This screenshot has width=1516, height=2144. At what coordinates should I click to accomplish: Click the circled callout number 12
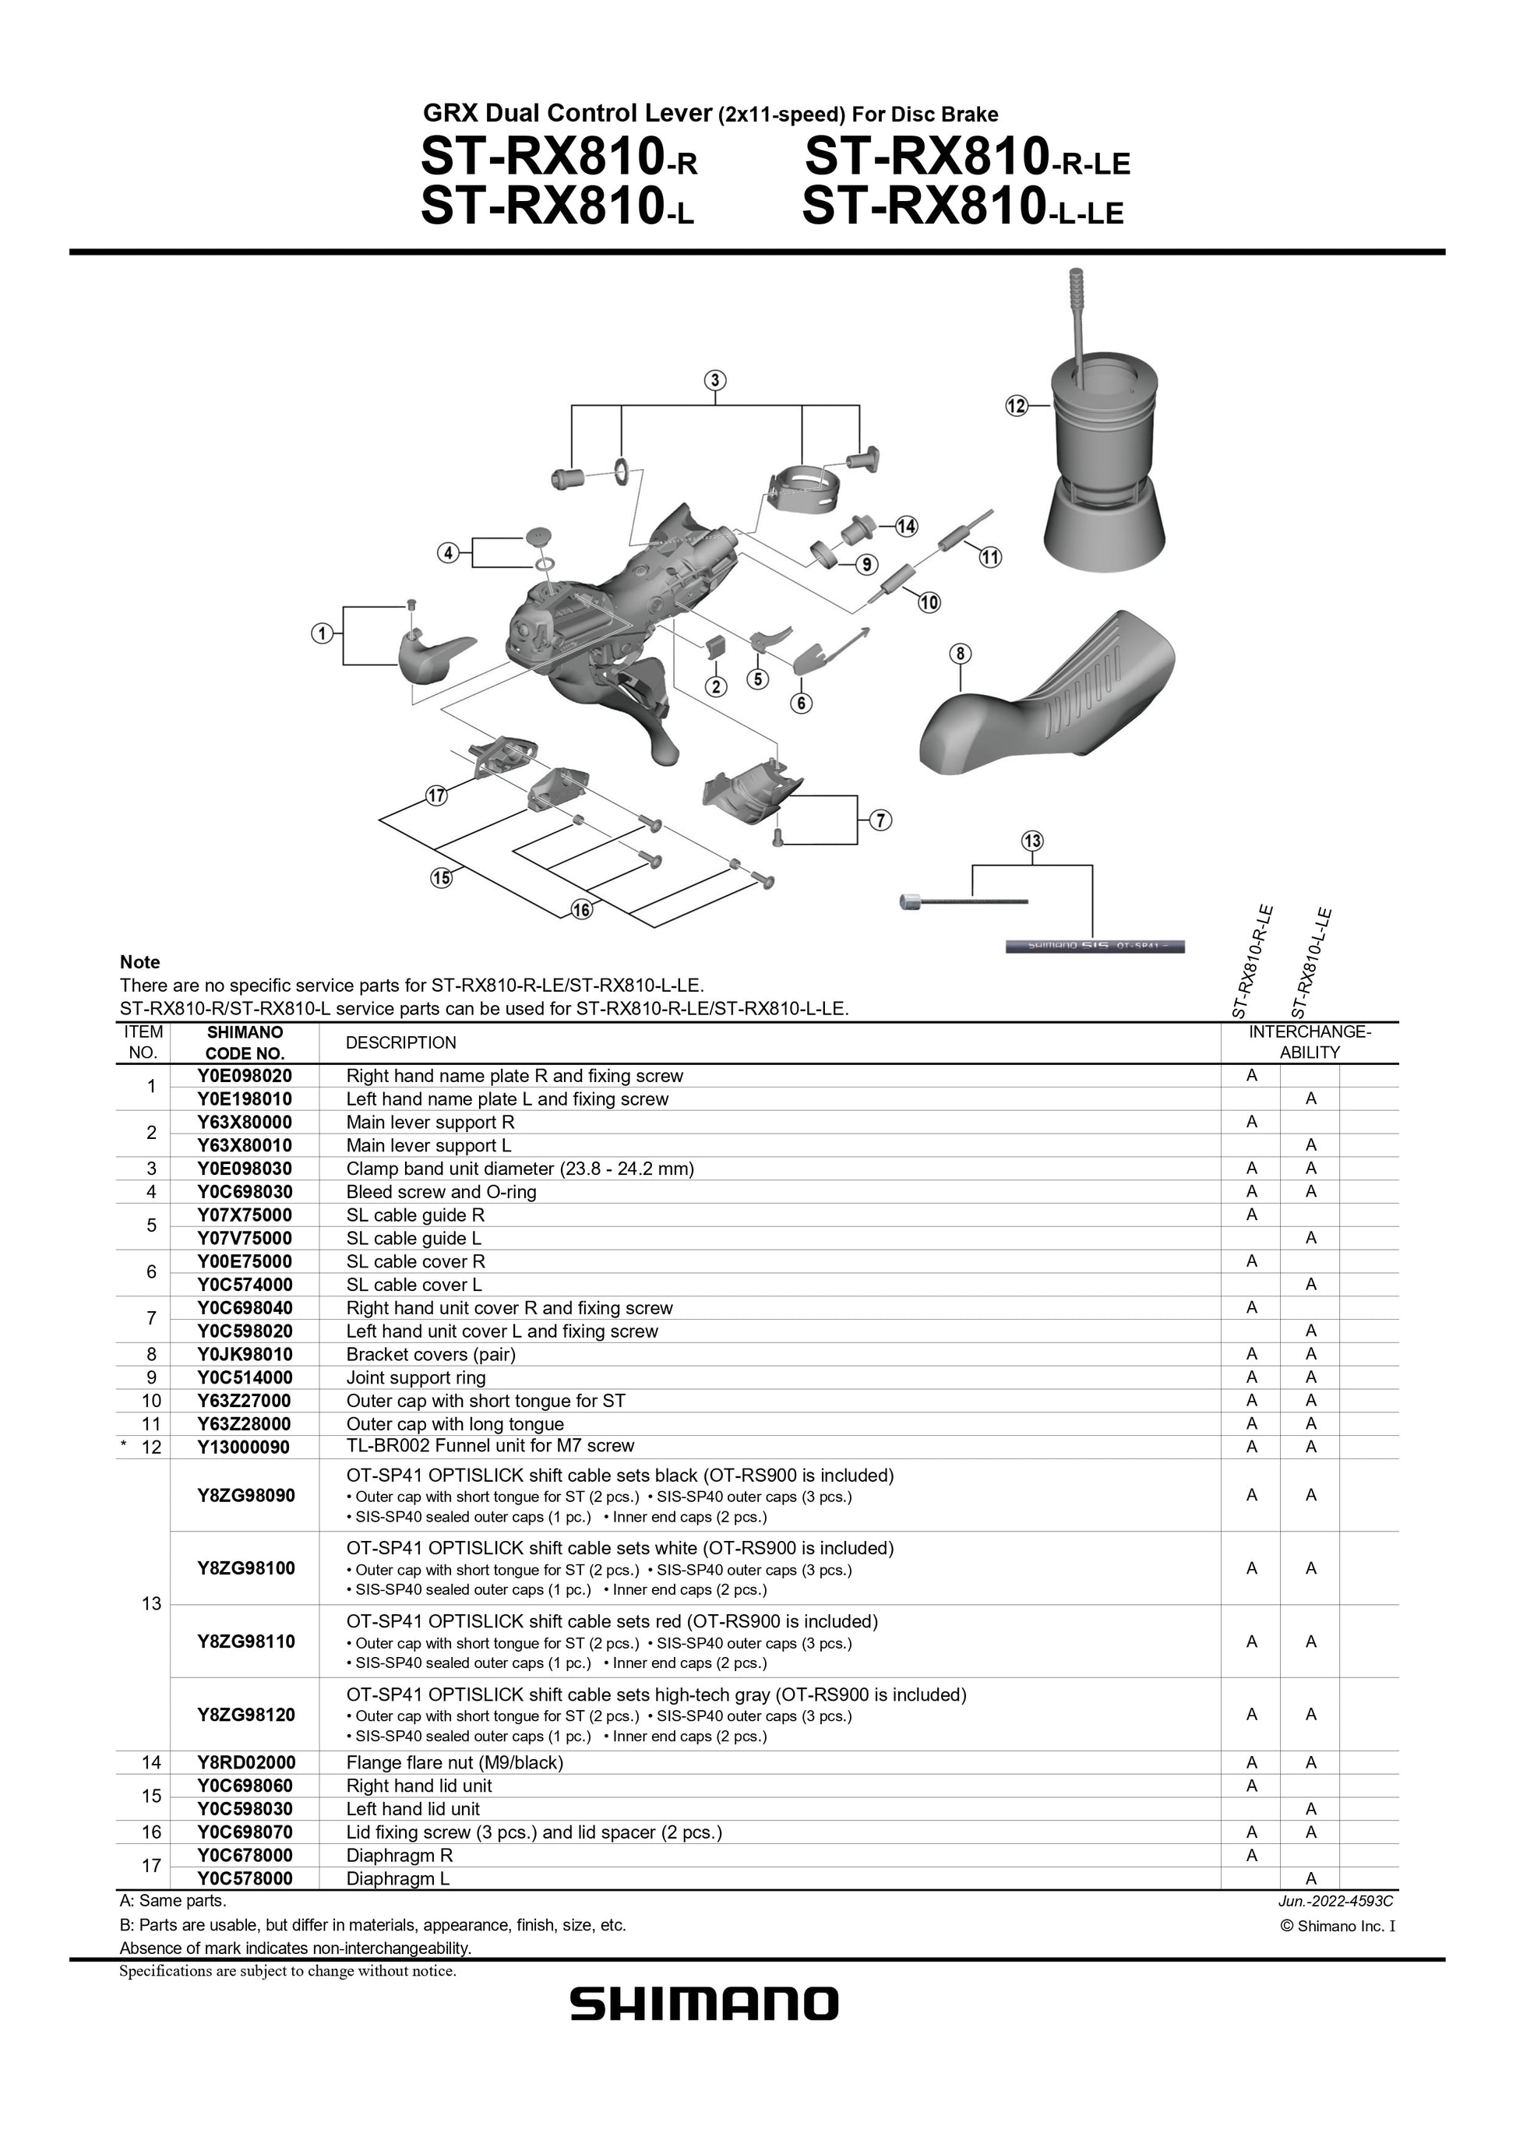[x=1017, y=405]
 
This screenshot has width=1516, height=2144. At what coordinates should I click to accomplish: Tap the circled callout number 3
[x=714, y=380]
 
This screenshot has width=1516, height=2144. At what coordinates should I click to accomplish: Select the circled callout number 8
[x=961, y=654]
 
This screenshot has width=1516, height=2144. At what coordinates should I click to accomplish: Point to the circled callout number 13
[x=1032, y=841]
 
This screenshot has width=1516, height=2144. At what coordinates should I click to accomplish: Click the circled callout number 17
[x=437, y=795]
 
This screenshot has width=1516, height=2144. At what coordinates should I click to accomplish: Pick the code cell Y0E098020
[x=245, y=1076]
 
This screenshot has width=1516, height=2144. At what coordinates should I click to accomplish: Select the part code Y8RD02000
[x=246, y=1762]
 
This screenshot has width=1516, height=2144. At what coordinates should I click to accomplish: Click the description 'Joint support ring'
[x=415, y=1377]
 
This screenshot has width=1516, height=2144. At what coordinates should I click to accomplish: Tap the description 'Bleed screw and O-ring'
[x=441, y=1191]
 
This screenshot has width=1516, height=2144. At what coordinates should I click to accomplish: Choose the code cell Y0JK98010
[x=245, y=1354]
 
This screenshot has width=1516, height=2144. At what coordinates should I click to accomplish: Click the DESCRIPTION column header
[x=400, y=1042]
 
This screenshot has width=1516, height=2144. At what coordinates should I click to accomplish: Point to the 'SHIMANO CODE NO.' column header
[x=245, y=1042]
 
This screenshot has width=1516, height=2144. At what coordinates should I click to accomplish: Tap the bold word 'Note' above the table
[x=140, y=962]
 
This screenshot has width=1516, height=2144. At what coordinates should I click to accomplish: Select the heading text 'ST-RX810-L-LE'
[x=962, y=206]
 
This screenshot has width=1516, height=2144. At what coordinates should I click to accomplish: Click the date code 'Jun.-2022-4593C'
[x=1336, y=1900]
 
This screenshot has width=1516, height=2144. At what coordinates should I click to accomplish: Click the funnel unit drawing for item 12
[x=1105, y=448]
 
